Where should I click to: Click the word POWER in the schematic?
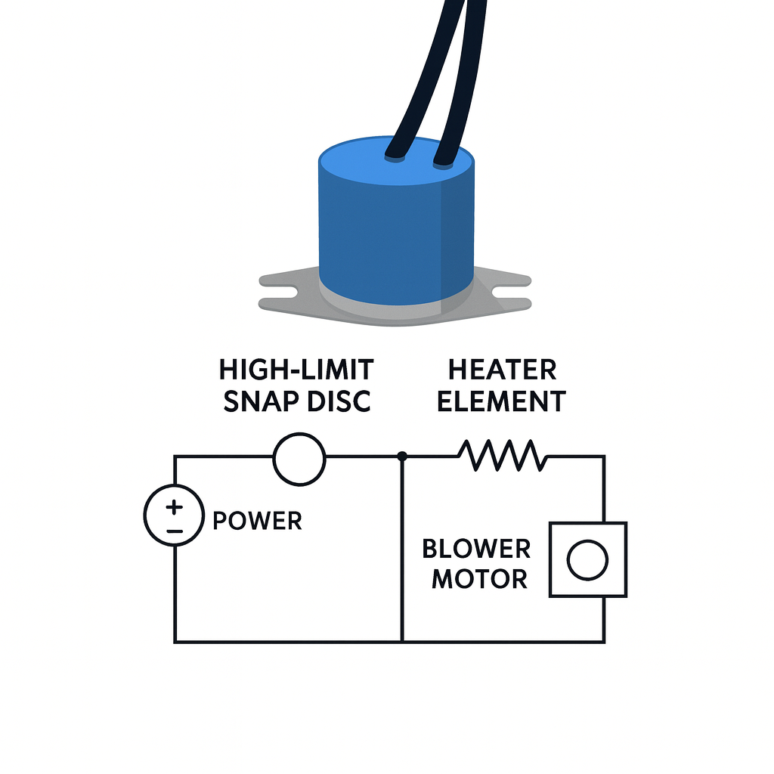click(x=257, y=521)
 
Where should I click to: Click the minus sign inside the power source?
click(x=174, y=531)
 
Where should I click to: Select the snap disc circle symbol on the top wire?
click(x=299, y=459)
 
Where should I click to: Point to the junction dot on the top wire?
click(x=402, y=456)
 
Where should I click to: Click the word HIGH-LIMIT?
click(x=296, y=370)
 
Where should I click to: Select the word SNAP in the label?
click(x=260, y=401)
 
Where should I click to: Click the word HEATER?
click(x=502, y=370)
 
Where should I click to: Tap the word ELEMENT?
click(x=502, y=401)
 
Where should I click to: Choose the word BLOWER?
click(x=476, y=548)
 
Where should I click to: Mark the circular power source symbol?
click(x=174, y=515)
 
